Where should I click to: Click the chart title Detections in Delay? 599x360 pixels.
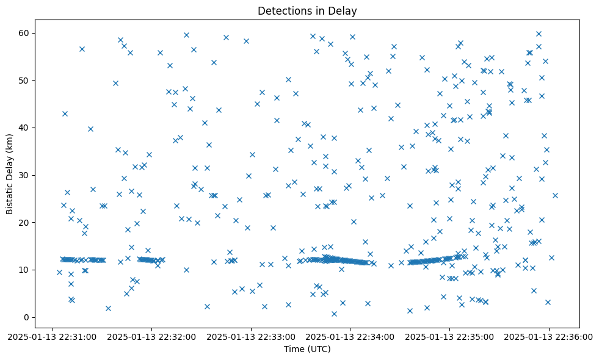coord(307,11)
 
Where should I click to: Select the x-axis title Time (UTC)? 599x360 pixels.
coord(307,349)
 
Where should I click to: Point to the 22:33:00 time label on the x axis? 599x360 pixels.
coord(251,336)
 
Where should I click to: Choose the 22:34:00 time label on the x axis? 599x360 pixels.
coord(350,336)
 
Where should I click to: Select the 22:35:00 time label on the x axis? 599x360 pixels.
coord(450,336)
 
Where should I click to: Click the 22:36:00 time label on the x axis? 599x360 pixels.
coord(549,336)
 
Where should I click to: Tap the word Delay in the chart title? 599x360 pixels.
coord(345,11)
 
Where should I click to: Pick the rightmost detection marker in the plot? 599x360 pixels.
coord(555,195)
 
